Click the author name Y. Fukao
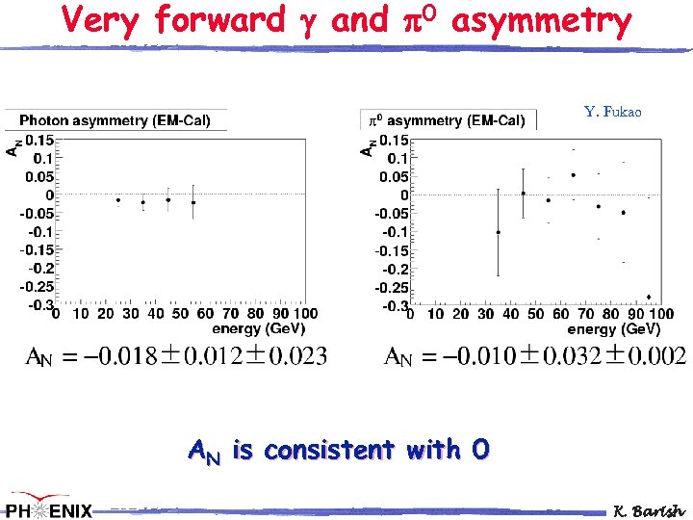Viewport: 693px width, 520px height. (x=612, y=113)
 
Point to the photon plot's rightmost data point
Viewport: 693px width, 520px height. (x=193, y=202)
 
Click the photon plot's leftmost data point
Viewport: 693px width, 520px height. (x=118, y=200)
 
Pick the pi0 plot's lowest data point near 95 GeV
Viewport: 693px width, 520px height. (x=649, y=297)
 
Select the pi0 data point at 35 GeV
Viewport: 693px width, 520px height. (x=499, y=232)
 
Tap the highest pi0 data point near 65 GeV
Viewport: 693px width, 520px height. (x=574, y=175)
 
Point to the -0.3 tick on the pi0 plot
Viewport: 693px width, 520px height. (x=395, y=306)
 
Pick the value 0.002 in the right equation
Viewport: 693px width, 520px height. (x=656, y=357)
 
